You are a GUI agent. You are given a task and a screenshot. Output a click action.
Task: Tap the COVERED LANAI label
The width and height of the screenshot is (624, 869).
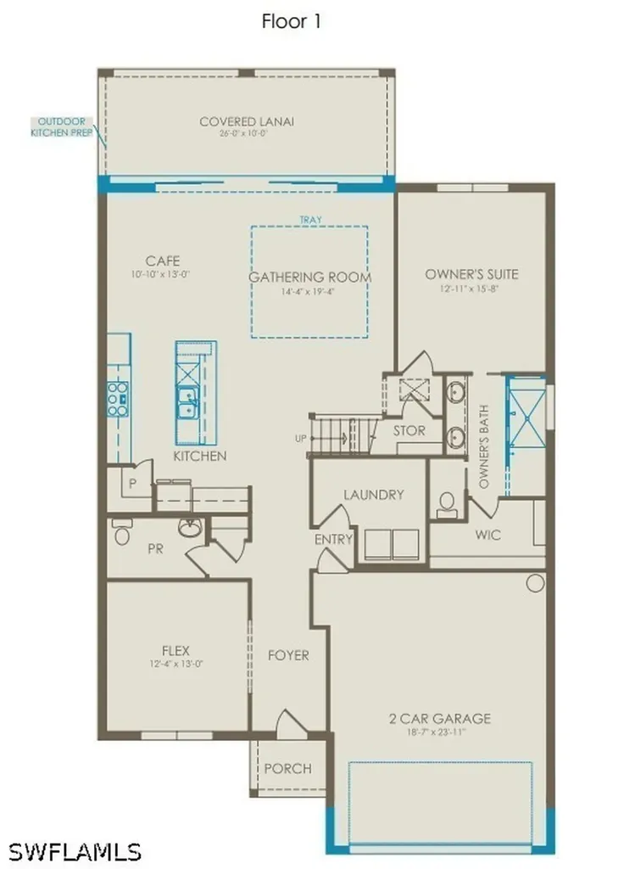pyautogui.click(x=247, y=122)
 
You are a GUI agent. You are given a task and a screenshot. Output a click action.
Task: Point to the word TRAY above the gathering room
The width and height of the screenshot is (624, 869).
pyautogui.click(x=310, y=220)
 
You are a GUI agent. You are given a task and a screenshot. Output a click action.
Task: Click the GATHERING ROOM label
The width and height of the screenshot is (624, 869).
pyautogui.click(x=309, y=278)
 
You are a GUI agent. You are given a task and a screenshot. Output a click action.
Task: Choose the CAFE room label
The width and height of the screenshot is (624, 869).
pyautogui.click(x=162, y=261)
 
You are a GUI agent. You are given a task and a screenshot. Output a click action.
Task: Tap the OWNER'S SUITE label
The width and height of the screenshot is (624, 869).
pyautogui.click(x=471, y=274)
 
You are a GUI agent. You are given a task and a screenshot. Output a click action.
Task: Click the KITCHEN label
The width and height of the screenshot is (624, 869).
pyautogui.click(x=200, y=456)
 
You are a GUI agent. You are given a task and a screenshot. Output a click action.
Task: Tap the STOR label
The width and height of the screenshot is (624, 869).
pyautogui.click(x=409, y=430)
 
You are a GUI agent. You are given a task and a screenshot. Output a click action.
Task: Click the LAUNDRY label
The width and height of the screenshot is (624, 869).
pyautogui.click(x=373, y=495)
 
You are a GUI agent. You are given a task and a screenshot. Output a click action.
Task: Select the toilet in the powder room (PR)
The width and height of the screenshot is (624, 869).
pyautogui.click(x=121, y=534)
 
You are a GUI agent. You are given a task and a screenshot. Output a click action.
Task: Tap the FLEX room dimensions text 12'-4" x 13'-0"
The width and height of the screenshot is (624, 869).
pyautogui.click(x=175, y=664)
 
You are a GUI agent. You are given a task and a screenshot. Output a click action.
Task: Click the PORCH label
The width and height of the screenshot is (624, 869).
pyautogui.click(x=287, y=768)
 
